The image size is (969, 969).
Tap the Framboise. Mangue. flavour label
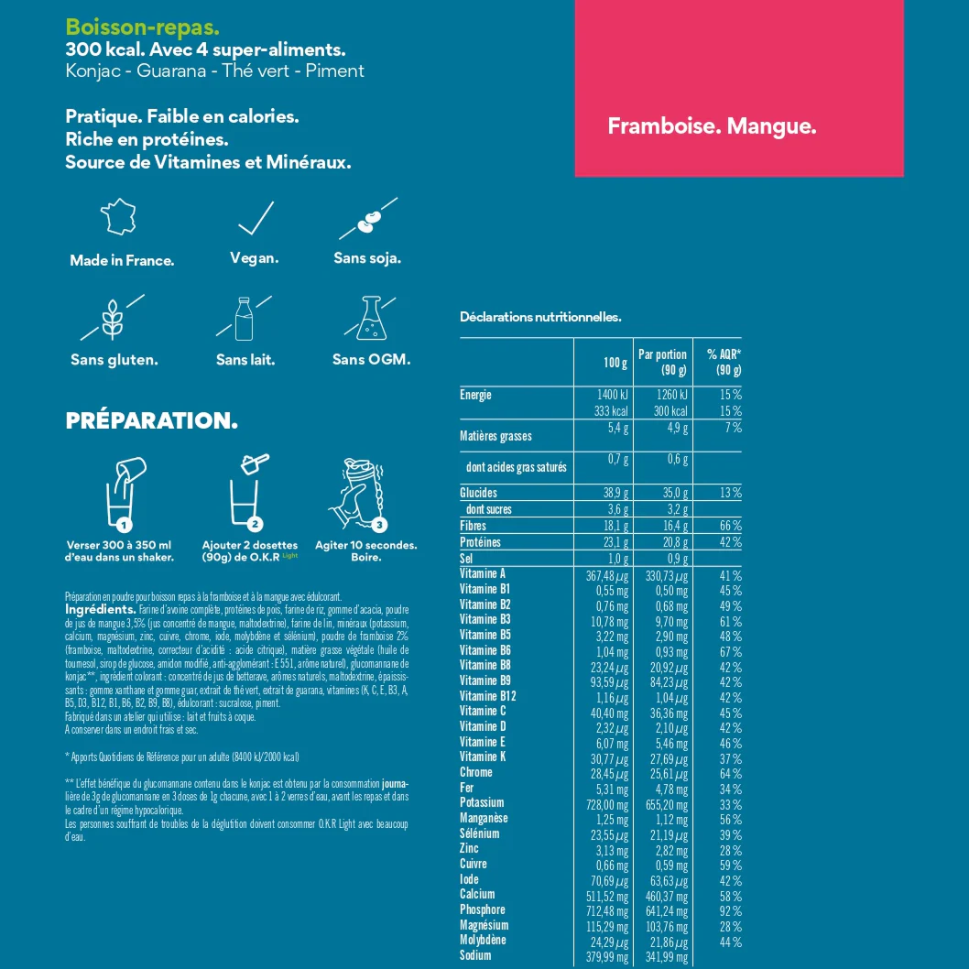click(x=712, y=126)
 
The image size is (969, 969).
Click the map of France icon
click(x=118, y=218)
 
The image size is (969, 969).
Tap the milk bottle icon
click(x=243, y=317)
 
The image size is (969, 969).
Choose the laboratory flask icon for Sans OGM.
click(x=370, y=317)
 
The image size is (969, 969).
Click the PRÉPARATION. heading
click(x=151, y=421)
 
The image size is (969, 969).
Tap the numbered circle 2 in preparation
click(x=256, y=525)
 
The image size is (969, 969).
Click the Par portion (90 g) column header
click(x=662, y=362)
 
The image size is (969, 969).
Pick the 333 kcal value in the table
click(x=608, y=411)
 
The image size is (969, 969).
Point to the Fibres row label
click(x=473, y=526)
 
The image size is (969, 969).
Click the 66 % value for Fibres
click(x=730, y=526)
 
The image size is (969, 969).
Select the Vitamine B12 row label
click(x=488, y=696)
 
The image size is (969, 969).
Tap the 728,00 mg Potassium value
click(x=607, y=803)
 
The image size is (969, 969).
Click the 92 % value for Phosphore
click(x=730, y=910)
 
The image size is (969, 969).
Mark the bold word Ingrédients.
click(x=100, y=609)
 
